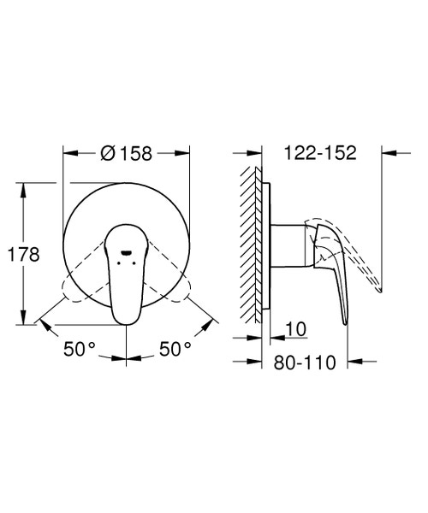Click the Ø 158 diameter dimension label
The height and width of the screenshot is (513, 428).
[x=126, y=154]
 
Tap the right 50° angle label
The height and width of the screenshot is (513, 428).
[x=174, y=349]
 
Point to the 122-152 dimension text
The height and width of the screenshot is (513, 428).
[x=318, y=154]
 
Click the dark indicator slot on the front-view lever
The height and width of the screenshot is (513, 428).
[x=126, y=253]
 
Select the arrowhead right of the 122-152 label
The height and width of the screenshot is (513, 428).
[x=387, y=154]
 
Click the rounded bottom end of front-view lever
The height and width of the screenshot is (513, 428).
[x=122, y=315]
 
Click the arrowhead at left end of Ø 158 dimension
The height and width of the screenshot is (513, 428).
[x=68, y=154]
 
